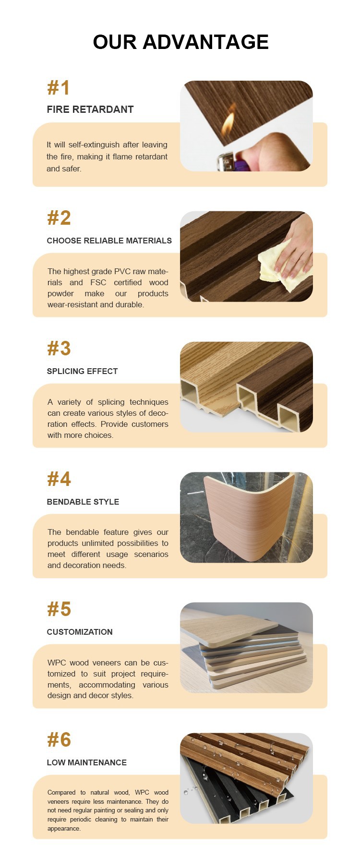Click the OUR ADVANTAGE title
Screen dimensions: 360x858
coord(180,42)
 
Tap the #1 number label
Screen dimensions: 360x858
coord(59,88)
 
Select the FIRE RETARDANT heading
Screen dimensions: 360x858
coord(90,109)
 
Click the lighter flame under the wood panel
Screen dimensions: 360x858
coord(228,125)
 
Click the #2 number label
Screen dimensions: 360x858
coord(59,218)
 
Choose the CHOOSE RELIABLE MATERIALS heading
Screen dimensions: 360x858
coord(109,241)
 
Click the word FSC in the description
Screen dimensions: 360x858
coord(98,282)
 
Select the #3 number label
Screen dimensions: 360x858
coord(59,349)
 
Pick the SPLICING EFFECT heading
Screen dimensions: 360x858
coord(82,371)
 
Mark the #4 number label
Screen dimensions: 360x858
coord(59,479)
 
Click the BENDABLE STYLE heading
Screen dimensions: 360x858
coord(83,502)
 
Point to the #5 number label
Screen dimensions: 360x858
coord(59,610)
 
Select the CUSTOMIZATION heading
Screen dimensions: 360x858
coord(80,632)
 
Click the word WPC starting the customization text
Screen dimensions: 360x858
coord(57,663)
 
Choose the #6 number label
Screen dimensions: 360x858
coord(59,740)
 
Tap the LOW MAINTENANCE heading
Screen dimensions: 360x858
coord(87,762)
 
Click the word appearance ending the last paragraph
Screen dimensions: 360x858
coord(64,829)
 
